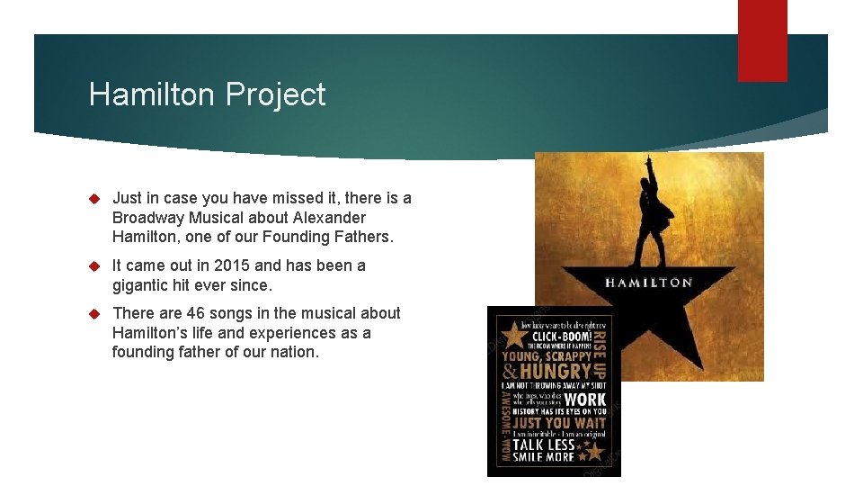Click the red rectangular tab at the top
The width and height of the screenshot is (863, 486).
pyautogui.click(x=762, y=40)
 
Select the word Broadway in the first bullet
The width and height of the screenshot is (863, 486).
pyautogui.click(x=149, y=218)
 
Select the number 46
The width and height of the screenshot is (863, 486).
pyautogui.click(x=196, y=313)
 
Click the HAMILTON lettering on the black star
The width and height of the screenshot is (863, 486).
pyautogui.click(x=648, y=283)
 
